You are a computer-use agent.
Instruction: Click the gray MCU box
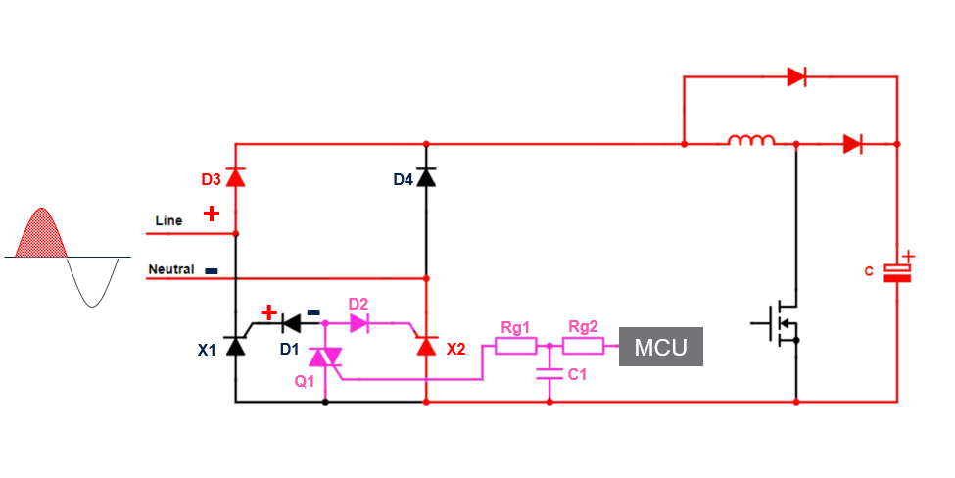click(x=660, y=348)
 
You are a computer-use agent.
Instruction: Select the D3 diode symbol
click(x=235, y=177)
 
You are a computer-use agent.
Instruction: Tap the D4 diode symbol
click(x=425, y=177)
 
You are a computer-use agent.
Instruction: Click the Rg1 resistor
click(x=515, y=346)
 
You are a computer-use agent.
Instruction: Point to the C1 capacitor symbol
click(x=549, y=373)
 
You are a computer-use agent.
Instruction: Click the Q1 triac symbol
click(x=324, y=360)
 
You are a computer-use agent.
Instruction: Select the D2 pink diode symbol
click(x=358, y=320)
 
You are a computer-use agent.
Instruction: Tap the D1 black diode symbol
click(x=291, y=320)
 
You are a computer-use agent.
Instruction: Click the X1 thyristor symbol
click(x=235, y=346)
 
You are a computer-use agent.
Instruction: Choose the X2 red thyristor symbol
click(x=425, y=346)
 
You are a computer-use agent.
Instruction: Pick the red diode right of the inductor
click(x=852, y=144)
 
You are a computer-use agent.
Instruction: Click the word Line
click(x=168, y=221)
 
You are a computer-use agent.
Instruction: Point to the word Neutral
click(x=171, y=269)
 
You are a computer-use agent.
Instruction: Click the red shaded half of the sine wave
click(x=41, y=235)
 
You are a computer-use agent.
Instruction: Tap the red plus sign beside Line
click(x=211, y=214)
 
